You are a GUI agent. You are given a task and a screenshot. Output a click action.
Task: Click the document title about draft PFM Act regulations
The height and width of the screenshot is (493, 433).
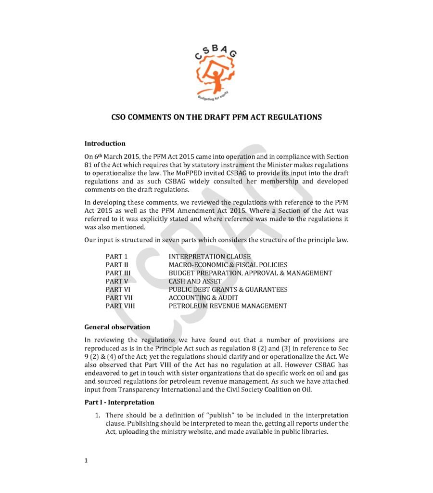(216, 117)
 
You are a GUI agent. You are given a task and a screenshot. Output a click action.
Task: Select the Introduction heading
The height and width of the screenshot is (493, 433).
(105, 143)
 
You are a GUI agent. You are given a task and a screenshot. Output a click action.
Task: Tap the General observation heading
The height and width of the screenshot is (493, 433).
(117, 327)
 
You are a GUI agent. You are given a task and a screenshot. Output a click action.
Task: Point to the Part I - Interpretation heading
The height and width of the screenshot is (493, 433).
(119, 402)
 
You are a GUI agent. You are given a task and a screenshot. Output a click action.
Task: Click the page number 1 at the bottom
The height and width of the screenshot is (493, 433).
(86, 461)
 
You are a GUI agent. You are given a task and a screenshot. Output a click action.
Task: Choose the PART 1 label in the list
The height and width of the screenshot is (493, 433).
(116, 257)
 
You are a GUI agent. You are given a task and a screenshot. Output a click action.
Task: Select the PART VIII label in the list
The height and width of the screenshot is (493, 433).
(120, 306)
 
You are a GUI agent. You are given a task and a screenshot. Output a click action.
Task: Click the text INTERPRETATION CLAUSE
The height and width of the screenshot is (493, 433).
(209, 257)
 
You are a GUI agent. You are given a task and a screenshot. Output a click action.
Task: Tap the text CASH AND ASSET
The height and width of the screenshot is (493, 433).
(195, 281)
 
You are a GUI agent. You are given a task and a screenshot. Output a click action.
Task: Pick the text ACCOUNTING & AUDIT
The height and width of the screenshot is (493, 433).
(203, 298)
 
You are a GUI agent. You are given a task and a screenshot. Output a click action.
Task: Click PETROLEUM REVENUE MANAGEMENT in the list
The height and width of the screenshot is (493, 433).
(228, 306)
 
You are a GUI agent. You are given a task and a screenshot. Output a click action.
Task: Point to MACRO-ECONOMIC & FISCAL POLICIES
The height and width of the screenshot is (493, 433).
(228, 265)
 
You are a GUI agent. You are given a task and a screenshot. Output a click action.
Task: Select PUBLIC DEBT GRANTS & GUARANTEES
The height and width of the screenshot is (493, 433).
(228, 289)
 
